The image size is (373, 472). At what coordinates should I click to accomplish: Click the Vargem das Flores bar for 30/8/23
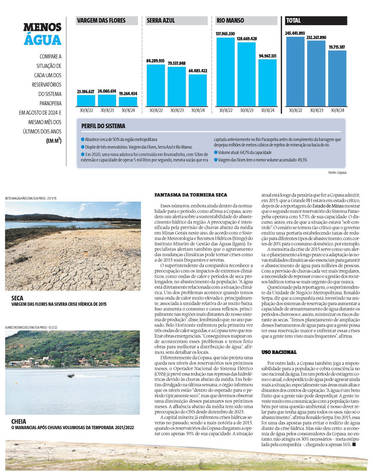(107, 100)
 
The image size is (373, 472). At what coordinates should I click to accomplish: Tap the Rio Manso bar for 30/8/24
(268, 83)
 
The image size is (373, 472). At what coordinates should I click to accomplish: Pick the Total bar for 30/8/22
(295, 72)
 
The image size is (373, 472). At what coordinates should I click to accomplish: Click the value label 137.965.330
(225, 34)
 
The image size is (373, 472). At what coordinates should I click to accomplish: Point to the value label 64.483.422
(198, 71)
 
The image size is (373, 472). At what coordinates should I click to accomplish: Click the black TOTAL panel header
(316, 21)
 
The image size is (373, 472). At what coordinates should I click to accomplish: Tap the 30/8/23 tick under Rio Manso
(247, 111)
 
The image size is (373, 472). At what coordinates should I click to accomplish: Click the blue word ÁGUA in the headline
(43, 40)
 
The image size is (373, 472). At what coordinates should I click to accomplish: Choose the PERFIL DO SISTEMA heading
(103, 126)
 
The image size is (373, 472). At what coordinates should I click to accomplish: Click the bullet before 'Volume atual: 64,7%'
(215, 153)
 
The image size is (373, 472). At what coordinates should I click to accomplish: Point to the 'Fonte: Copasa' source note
(337, 173)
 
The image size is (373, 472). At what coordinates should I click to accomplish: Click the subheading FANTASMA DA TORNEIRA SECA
(191, 195)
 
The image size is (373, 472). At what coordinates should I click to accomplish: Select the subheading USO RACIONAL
(279, 352)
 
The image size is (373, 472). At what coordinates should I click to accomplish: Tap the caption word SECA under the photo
(18, 298)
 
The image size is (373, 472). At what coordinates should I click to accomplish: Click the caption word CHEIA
(19, 421)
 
